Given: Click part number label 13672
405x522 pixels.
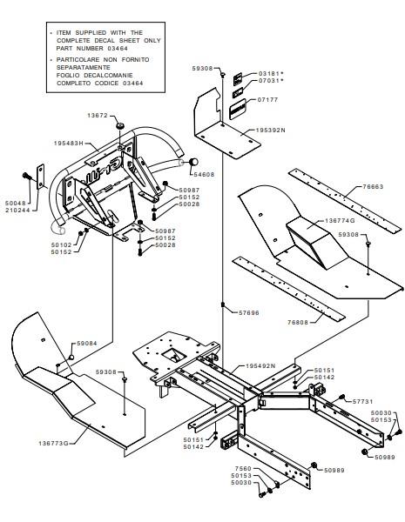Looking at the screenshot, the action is click(x=98, y=116).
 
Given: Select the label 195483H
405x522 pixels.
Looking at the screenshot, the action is click(x=69, y=144).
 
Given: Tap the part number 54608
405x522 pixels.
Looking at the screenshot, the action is click(x=204, y=174).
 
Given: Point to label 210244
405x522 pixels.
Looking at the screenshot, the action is click(x=17, y=210).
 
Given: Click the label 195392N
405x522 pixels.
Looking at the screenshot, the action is click(x=270, y=130).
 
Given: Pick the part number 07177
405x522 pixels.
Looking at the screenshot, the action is click(x=268, y=99).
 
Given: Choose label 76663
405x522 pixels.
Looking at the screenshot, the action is click(x=374, y=186).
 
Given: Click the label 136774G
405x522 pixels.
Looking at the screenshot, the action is click(x=340, y=221).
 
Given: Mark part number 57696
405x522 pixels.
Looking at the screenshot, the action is click(x=249, y=313).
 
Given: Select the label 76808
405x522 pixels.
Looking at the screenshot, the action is click(x=298, y=322).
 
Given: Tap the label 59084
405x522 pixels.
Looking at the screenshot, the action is click(x=87, y=344).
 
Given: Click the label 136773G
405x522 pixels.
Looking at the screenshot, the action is click(x=53, y=443).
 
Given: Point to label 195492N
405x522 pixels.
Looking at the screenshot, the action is click(x=260, y=366).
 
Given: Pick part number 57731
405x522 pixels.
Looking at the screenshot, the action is click(x=362, y=401).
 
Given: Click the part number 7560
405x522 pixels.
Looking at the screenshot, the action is click(x=243, y=468).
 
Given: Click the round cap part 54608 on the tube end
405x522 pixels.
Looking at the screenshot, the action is click(x=193, y=162).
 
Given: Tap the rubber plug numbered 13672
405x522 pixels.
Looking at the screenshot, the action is click(x=120, y=126).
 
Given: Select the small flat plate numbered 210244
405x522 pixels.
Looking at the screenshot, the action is click(x=41, y=177).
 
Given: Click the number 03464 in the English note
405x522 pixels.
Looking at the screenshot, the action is click(x=118, y=48).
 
